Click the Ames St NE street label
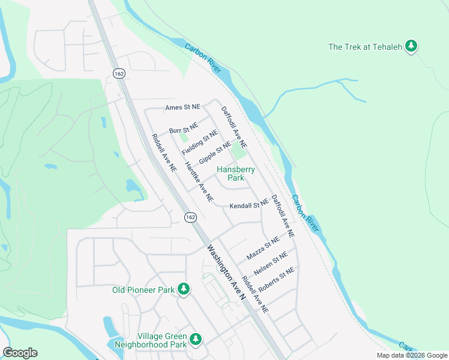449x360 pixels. point(183,107)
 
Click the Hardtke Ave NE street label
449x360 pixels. point(199,181)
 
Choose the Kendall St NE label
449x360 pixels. point(248,206)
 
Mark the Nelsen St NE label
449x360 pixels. point(271,263)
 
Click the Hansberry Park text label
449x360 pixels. point(235,174)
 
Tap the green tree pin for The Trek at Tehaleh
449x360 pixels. point(411,46)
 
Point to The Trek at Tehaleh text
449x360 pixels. point(364,47)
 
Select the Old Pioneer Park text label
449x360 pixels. point(143,290)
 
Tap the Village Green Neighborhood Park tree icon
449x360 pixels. point(196,340)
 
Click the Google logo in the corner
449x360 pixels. point(20,353)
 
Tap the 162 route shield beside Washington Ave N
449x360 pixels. point(190,217)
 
